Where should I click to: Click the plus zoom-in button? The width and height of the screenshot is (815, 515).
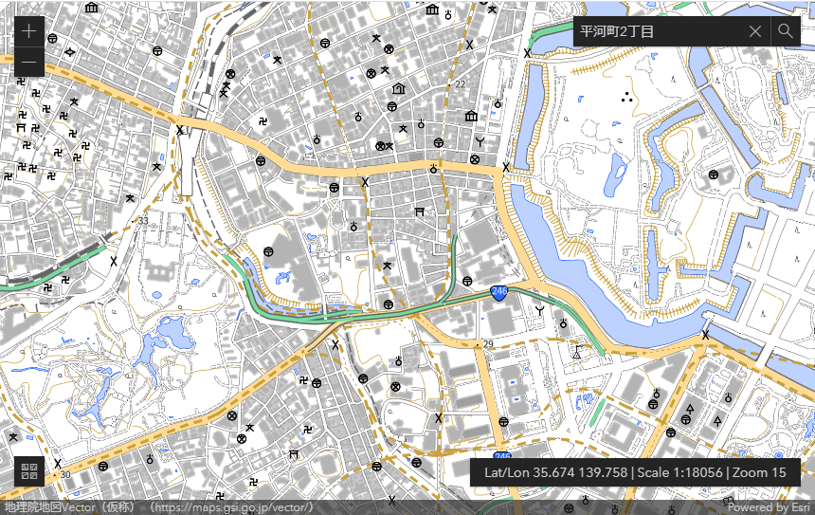point(28,31)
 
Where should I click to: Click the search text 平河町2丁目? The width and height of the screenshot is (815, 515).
point(617,31)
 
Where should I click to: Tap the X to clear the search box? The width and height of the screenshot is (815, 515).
point(754,31)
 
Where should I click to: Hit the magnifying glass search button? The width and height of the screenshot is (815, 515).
point(786,31)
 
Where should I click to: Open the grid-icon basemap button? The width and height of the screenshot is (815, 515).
point(28,471)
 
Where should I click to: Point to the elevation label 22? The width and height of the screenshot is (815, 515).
point(461,84)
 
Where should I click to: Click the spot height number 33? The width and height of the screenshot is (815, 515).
point(143,221)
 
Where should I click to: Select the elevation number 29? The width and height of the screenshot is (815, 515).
point(488,343)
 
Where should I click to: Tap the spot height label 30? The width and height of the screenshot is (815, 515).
point(64,474)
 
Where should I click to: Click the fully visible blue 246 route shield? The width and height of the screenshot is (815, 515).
point(498,294)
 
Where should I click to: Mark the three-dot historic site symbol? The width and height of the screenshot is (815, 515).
point(625,96)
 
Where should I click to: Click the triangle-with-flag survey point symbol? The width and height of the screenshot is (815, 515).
point(575,352)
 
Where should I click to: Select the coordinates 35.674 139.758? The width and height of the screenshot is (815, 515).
point(555,472)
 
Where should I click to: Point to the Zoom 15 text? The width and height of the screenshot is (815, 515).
point(760,472)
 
